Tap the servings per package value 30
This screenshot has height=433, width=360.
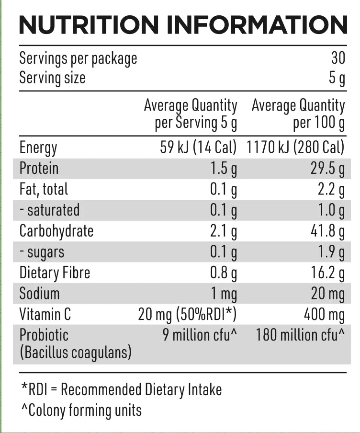tap(337, 58)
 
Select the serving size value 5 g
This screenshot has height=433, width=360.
tap(337, 78)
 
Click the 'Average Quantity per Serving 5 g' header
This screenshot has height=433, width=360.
tap(191, 114)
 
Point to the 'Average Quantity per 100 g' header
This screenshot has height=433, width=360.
tap(298, 114)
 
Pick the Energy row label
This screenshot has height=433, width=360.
tap(38, 148)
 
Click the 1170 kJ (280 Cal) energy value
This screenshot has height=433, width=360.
tap(295, 147)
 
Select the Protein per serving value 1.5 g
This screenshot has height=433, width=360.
tap(224, 169)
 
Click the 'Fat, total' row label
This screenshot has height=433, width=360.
tap(44, 189)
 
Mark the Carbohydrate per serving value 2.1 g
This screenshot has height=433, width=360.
tap(224, 231)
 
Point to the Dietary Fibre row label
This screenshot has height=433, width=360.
tap(55, 273)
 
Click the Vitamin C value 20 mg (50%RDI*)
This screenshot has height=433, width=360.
tap(187, 315)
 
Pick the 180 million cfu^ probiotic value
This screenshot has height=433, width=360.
tap(300, 335)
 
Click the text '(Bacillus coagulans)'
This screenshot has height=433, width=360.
tap(75, 353)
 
